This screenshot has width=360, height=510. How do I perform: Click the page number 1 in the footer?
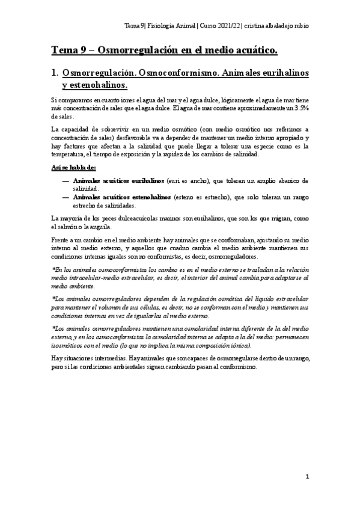(307, 477)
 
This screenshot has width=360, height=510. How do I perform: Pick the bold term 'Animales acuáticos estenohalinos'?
(121, 197)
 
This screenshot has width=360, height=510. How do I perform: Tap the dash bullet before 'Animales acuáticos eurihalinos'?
(65, 180)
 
